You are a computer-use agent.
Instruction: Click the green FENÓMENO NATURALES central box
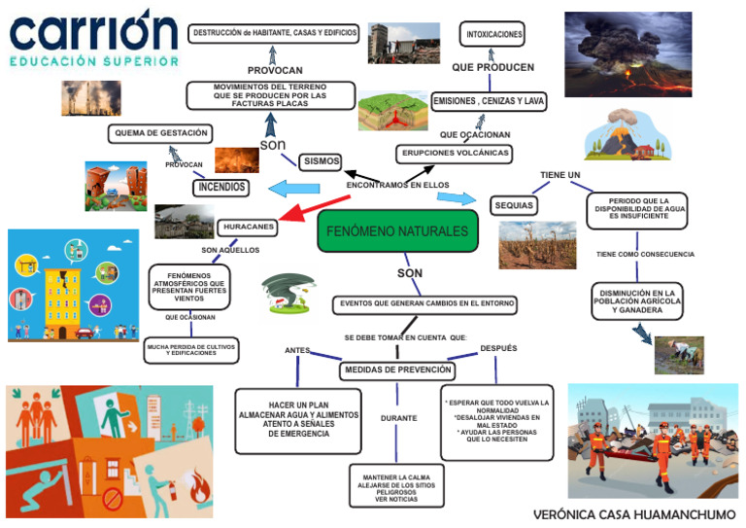point(397,231)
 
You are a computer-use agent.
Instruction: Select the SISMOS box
point(321,161)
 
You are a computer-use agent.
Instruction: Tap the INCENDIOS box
point(220,187)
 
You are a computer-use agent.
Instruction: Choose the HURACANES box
point(248,227)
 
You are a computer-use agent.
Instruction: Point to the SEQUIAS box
point(515,206)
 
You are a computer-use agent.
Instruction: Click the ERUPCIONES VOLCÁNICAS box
point(454,154)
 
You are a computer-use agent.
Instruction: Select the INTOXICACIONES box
point(494,34)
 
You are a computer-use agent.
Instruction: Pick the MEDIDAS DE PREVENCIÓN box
point(397,370)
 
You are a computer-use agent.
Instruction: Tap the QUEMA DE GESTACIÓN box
point(160,133)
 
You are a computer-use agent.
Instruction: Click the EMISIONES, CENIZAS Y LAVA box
point(490,101)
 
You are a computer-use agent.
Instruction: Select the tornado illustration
point(289,294)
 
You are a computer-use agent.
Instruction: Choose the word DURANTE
point(398,418)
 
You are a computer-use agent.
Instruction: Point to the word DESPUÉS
point(498,348)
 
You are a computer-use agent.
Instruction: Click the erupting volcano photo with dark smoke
point(627,41)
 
